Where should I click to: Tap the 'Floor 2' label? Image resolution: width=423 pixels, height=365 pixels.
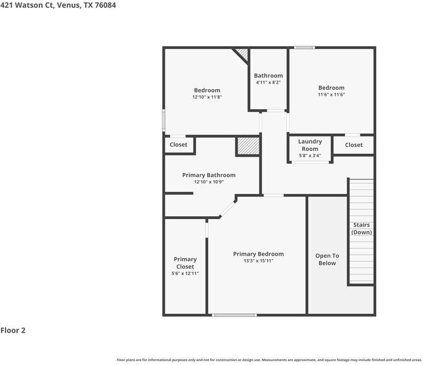click(13, 330)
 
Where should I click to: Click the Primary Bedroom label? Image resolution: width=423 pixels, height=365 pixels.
click(258, 254)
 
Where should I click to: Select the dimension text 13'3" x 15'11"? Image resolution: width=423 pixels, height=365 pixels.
click(258, 261)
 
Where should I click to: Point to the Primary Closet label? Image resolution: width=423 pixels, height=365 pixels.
click(185, 262)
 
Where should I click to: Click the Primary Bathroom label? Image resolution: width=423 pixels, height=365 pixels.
click(209, 175)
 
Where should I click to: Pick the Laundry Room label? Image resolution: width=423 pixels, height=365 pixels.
click(310, 145)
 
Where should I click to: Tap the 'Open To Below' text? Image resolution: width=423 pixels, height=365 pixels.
click(327, 259)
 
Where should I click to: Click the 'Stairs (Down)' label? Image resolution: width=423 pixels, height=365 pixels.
click(361, 228)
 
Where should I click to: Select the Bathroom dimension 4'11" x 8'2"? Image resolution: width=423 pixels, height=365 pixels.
click(268, 82)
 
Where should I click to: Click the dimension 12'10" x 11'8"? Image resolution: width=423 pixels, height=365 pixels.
click(207, 97)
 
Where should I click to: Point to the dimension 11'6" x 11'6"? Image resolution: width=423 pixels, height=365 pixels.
click(331, 95)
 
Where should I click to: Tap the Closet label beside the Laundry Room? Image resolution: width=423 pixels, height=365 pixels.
click(353, 145)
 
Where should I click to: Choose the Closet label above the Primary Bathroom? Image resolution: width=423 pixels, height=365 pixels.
click(179, 145)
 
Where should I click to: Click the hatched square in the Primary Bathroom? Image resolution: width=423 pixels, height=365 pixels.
click(248, 146)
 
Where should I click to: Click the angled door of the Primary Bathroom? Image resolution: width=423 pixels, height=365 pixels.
click(227, 208)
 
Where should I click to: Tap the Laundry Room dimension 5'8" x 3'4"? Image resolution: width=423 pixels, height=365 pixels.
click(310, 155)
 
